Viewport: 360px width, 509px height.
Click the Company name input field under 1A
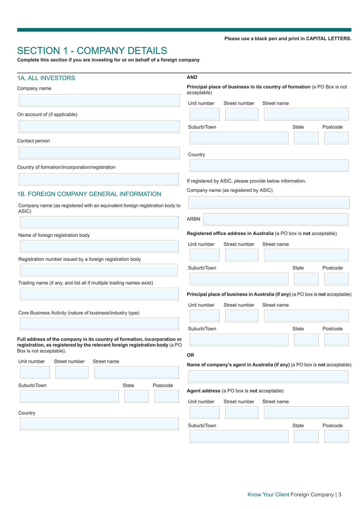pos(99,100)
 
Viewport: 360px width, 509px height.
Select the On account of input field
pos(99,127)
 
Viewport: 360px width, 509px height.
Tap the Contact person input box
pos(99,153)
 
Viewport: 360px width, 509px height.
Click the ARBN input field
pos(276,219)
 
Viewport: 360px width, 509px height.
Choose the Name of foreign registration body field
pos(99,246)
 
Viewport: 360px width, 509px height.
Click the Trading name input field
pos(99,294)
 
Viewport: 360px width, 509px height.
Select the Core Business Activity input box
pos(99,324)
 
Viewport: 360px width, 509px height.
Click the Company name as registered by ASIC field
pos(269,203)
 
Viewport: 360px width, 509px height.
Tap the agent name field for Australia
pos(268,377)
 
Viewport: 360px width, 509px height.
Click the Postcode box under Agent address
pos(336,436)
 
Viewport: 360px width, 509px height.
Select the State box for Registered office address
pos(306,279)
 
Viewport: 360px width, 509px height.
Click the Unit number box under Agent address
pos(205,412)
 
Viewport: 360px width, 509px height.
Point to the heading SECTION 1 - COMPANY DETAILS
pos(92,51)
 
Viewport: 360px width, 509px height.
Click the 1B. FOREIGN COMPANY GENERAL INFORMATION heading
pos(89,194)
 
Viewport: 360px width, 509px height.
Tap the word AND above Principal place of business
pos(192,77)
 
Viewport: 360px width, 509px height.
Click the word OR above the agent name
pos(190,355)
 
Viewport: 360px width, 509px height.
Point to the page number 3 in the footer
pos(340,495)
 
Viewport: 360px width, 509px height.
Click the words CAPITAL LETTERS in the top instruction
pos(328,39)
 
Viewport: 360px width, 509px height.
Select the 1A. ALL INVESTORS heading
pos(46,78)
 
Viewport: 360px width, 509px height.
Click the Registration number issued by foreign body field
pos(99,270)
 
